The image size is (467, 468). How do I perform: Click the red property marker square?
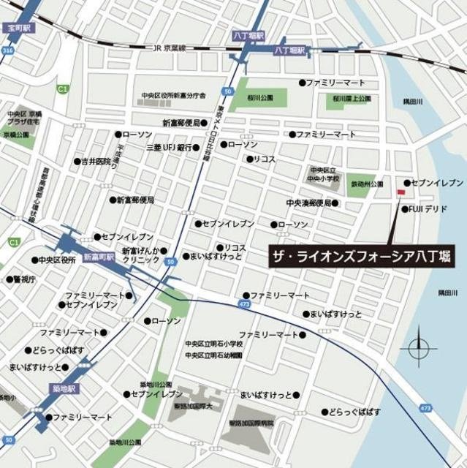click(x=400, y=192)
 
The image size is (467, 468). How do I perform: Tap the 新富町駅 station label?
click(x=97, y=257)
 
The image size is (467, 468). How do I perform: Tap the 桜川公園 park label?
click(x=259, y=97)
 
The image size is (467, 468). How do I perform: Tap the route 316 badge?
click(x=7, y=51)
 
